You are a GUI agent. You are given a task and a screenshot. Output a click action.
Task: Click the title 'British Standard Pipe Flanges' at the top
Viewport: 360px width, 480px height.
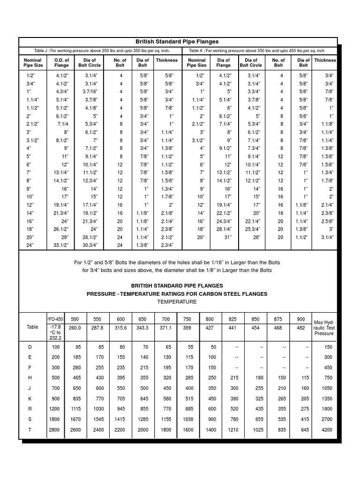[177, 42]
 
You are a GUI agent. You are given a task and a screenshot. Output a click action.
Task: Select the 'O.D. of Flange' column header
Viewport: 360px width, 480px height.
[61, 63]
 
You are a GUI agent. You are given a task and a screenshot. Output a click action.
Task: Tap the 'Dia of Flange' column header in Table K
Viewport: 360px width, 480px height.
[223, 63]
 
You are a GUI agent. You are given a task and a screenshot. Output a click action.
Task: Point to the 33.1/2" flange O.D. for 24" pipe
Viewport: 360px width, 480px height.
[61, 245]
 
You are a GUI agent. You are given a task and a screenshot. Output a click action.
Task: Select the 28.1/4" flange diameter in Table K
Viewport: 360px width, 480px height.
[223, 229]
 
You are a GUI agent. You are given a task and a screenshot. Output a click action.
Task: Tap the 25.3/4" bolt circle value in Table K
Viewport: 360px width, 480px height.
[252, 229]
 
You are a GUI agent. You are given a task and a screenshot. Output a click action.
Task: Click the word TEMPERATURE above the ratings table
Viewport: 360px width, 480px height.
[177, 302]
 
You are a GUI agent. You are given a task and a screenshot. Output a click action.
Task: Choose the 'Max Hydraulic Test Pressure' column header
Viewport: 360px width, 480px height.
[324, 328]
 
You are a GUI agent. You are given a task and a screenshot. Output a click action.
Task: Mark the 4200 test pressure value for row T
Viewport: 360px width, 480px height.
[327, 429]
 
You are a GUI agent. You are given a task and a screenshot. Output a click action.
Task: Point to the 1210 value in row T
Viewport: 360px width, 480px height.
[232, 429]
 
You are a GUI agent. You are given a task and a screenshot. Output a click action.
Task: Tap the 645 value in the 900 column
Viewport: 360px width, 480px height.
[305, 429]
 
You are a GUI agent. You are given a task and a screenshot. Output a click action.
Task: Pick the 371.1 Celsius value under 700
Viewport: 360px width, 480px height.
[165, 328]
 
